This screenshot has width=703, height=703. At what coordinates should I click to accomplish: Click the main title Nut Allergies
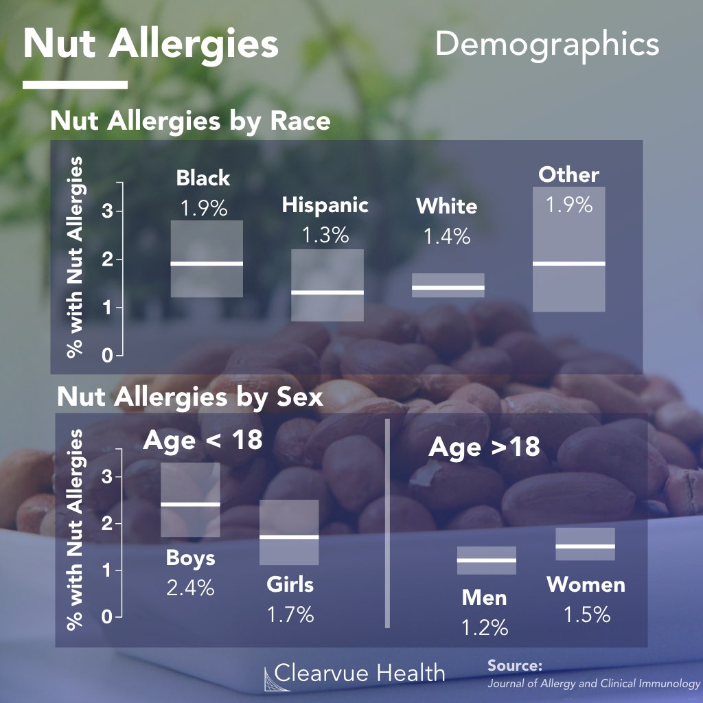pyautogui.click(x=151, y=45)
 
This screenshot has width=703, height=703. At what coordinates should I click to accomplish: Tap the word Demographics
pyautogui.click(x=546, y=45)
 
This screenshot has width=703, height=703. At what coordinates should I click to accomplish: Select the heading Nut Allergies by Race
pyautogui.click(x=190, y=122)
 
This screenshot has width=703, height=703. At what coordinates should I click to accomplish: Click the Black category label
pyautogui.click(x=203, y=178)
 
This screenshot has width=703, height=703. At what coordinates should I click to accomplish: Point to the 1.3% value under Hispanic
pyautogui.click(x=325, y=235)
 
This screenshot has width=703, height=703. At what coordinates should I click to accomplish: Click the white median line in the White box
pyautogui.click(x=448, y=287)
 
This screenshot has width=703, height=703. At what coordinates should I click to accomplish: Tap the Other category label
pyautogui.click(x=568, y=174)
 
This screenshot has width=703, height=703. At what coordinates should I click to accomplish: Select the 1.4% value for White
pyautogui.click(x=447, y=237)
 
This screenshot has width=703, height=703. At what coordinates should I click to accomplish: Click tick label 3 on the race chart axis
pyautogui.click(x=106, y=211)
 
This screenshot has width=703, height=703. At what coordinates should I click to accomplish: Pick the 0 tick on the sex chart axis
pyautogui.click(x=106, y=617)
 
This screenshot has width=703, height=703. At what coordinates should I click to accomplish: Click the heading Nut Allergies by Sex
pyautogui.click(x=190, y=397)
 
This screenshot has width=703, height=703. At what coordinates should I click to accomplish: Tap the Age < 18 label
pyautogui.click(x=203, y=439)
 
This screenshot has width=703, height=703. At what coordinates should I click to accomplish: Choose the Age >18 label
pyautogui.click(x=484, y=448)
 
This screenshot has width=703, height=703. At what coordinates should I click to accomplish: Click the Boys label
pyautogui.click(x=190, y=557)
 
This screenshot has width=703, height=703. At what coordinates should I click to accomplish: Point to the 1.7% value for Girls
pyautogui.click(x=290, y=614)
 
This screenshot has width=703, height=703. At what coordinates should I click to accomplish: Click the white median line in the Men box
pyautogui.click(x=487, y=560)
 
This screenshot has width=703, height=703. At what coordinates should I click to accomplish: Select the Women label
pyautogui.click(x=586, y=585)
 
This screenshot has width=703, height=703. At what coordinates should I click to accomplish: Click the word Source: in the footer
pyautogui.click(x=515, y=666)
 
